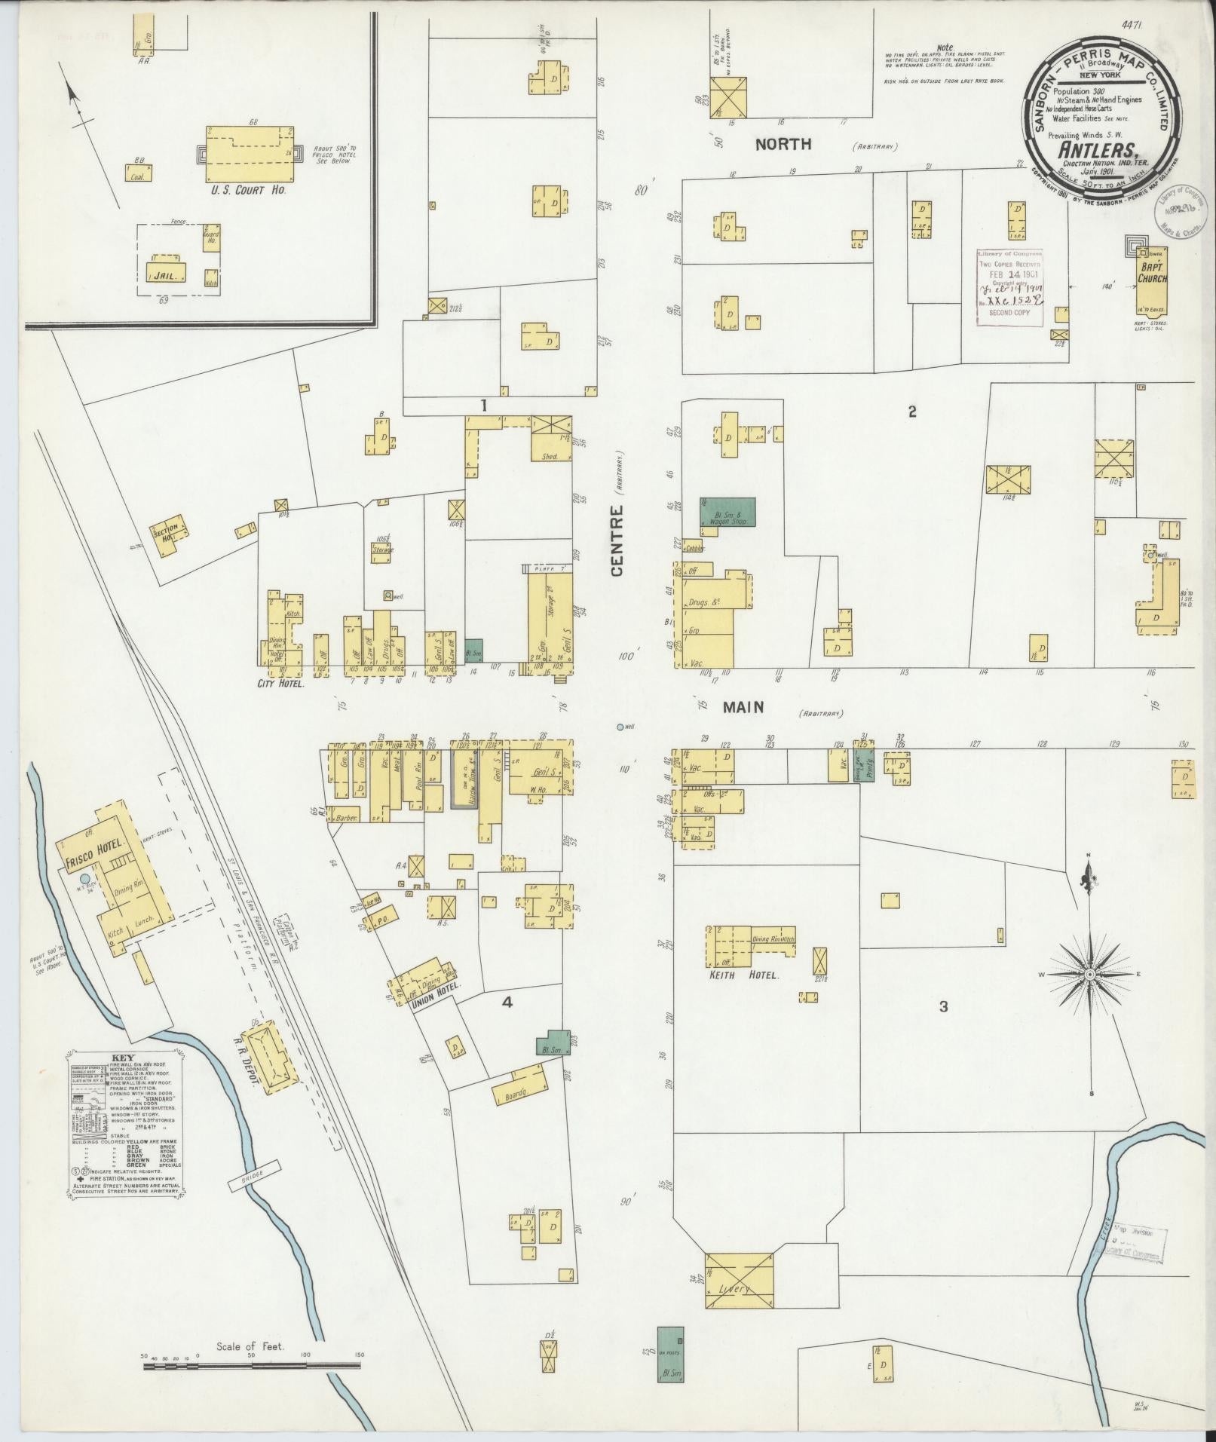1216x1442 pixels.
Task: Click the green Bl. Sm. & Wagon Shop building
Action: (x=727, y=513)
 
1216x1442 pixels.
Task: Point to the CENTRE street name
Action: (x=617, y=541)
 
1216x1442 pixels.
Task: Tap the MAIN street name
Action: (x=743, y=707)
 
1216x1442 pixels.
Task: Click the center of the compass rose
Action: (x=1089, y=975)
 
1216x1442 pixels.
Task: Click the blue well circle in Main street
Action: (x=620, y=727)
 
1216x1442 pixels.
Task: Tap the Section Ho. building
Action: (x=169, y=537)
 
